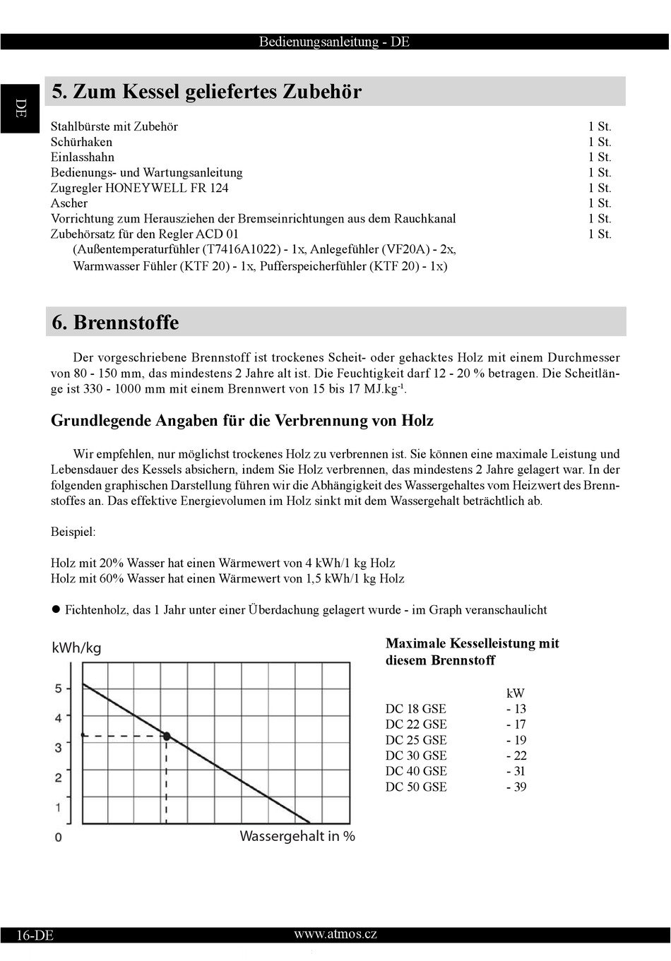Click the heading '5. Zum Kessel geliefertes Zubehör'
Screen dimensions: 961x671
[206, 92]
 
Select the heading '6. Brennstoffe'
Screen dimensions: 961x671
[115, 323]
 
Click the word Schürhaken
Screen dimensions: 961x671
[81, 142]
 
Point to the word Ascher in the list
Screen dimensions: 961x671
[69, 203]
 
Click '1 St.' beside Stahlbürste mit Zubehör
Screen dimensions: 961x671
[599, 126]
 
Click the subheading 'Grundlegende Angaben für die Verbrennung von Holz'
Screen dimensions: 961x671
[242, 421]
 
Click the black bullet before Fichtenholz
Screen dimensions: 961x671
[56, 609]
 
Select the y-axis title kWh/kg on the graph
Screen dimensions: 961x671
[76, 648]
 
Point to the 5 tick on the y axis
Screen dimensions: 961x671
[59, 688]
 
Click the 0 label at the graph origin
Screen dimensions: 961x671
[58, 837]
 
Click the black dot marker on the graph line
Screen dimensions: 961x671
[167, 736]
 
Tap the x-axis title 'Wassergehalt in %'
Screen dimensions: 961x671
[297, 837]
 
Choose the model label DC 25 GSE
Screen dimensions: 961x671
[416, 740]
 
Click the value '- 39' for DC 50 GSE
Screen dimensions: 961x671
[516, 787]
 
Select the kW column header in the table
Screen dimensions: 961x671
[516, 693]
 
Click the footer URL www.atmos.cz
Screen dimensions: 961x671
[335, 934]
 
